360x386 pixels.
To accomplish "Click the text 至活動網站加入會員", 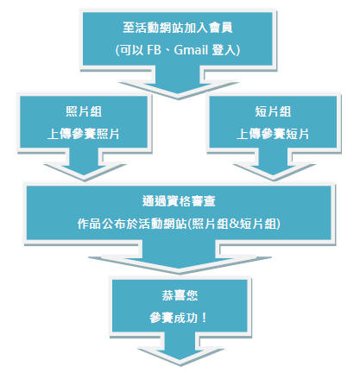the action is (178, 28).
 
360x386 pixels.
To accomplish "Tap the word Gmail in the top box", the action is (191, 50).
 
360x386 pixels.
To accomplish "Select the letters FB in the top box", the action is (154, 50).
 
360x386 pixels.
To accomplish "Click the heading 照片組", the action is (84, 111).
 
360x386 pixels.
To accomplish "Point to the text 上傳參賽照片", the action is (84, 134).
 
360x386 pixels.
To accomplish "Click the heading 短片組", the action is (273, 111).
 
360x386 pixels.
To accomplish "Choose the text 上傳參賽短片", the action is (273, 134).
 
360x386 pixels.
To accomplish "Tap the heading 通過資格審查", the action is (179, 201).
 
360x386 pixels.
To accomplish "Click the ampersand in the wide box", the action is (234, 224).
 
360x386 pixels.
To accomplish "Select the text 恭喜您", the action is (180, 295).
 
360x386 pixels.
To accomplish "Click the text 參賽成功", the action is (174, 318).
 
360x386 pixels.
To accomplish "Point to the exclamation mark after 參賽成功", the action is (204, 318).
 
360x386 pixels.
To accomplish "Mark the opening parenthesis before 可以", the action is (117, 50).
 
